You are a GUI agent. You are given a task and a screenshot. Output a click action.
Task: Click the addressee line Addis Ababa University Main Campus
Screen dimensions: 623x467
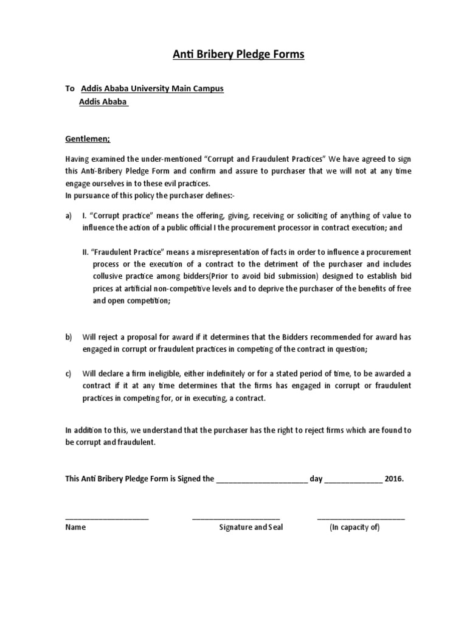pos(152,89)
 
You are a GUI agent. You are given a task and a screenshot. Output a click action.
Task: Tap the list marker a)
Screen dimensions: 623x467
pos(69,216)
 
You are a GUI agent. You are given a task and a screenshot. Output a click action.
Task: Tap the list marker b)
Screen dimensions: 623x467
pos(69,337)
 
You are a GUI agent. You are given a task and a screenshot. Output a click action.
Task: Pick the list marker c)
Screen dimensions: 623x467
pos(69,374)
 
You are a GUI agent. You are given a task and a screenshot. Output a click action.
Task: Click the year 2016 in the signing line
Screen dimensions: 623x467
pos(393,479)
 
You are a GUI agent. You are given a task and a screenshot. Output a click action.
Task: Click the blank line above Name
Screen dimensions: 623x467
pos(107,517)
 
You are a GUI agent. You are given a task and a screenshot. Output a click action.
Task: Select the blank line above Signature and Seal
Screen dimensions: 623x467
pos(236,517)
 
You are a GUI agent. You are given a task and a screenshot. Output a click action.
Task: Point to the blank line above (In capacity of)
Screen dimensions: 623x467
pos(361,517)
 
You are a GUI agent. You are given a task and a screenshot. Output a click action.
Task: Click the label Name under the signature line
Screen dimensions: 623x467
pos(75,527)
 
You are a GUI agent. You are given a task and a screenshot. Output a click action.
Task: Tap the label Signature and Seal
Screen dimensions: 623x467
pos(251,527)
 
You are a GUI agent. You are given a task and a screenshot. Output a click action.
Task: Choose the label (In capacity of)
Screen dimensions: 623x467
pos(355,527)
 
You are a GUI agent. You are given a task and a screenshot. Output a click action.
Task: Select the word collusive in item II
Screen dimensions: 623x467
pos(111,276)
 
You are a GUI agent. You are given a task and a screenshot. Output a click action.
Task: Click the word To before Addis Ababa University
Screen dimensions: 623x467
pos(70,89)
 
